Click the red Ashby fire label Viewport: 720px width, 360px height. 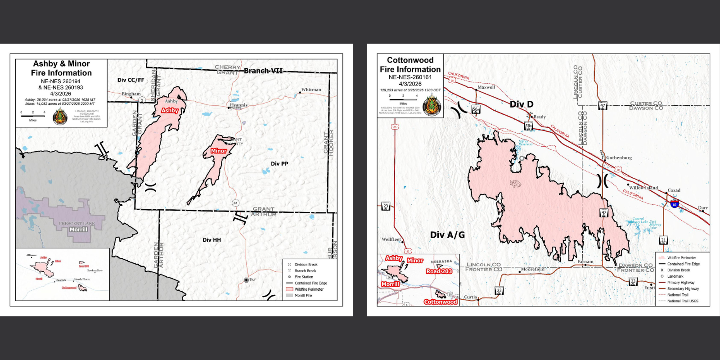click(170, 110)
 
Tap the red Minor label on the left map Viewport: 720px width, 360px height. click(219, 151)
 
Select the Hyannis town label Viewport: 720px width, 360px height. click(238, 105)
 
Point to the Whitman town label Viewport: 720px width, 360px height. click(311, 90)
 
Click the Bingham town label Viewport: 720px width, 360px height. click(131, 94)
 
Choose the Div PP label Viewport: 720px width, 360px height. click(279, 164)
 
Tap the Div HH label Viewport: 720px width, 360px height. click(211, 240)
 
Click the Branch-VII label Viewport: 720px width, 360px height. click(263, 71)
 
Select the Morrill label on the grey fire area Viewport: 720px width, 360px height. click(78, 229)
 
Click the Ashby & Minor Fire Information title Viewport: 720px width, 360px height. click(61, 68)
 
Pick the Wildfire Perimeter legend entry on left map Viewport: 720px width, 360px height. click(309, 289)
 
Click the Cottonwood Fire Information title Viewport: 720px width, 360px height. click(410, 65)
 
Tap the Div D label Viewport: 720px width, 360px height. click(522, 104)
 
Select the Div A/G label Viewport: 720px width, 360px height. click(447, 235)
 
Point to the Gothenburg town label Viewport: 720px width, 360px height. click(619, 158)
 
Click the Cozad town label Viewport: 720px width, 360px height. click(674, 190)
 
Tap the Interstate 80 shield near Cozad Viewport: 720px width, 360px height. click(674, 204)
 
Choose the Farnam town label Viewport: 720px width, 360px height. click(585, 261)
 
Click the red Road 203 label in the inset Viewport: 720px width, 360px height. click(439, 271)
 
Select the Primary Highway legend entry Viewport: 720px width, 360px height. click(681, 283)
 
